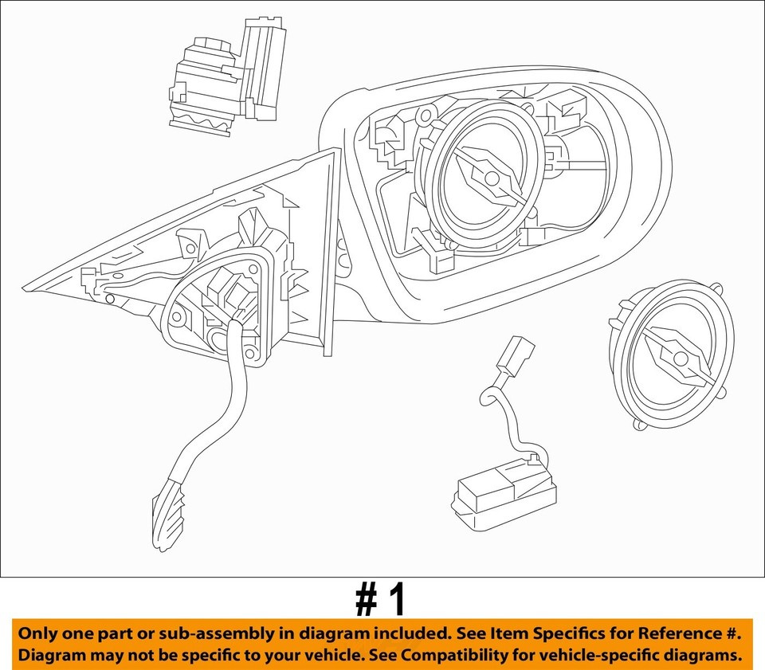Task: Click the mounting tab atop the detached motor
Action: click(716, 289)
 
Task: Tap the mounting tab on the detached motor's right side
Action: click(724, 391)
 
